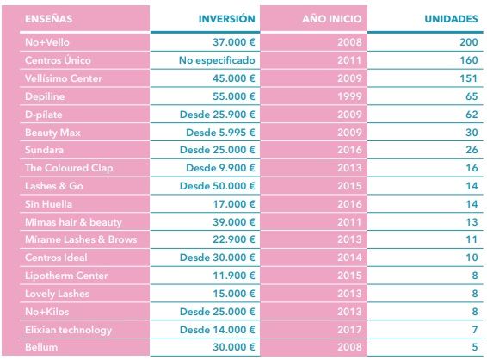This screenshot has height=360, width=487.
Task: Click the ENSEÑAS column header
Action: tap(48, 19)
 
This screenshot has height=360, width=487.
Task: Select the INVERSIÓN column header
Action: tap(227, 19)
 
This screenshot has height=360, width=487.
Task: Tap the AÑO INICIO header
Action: tap(332, 19)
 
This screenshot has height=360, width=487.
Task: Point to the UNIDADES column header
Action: tap(451, 19)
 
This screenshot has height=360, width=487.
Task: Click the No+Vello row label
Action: tap(47, 42)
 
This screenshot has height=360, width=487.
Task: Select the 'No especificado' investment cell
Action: tap(217, 60)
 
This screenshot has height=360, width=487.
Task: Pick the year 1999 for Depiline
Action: tap(349, 96)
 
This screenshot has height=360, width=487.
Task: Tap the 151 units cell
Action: tap(469, 78)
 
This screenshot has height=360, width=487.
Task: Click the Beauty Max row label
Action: tap(52, 133)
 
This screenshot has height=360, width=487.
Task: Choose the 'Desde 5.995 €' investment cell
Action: tap(220, 133)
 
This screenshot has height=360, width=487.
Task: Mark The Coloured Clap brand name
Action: tap(69, 168)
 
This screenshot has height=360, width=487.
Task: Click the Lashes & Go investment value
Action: tap(218, 186)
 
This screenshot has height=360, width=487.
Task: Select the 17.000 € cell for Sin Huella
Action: tap(234, 204)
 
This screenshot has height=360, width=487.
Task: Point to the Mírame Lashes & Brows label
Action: tap(81, 239)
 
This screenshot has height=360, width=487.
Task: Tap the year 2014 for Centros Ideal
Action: tap(349, 258)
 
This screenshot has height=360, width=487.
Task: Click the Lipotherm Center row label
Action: tap(66, 276)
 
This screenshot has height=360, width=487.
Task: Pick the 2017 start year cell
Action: tap(349, 330)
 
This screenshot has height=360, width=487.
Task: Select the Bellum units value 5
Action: tap(475, 347)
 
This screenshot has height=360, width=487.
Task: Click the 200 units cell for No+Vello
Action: tap(469, 42)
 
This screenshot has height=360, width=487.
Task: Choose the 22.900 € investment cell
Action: tap(234, 239)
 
